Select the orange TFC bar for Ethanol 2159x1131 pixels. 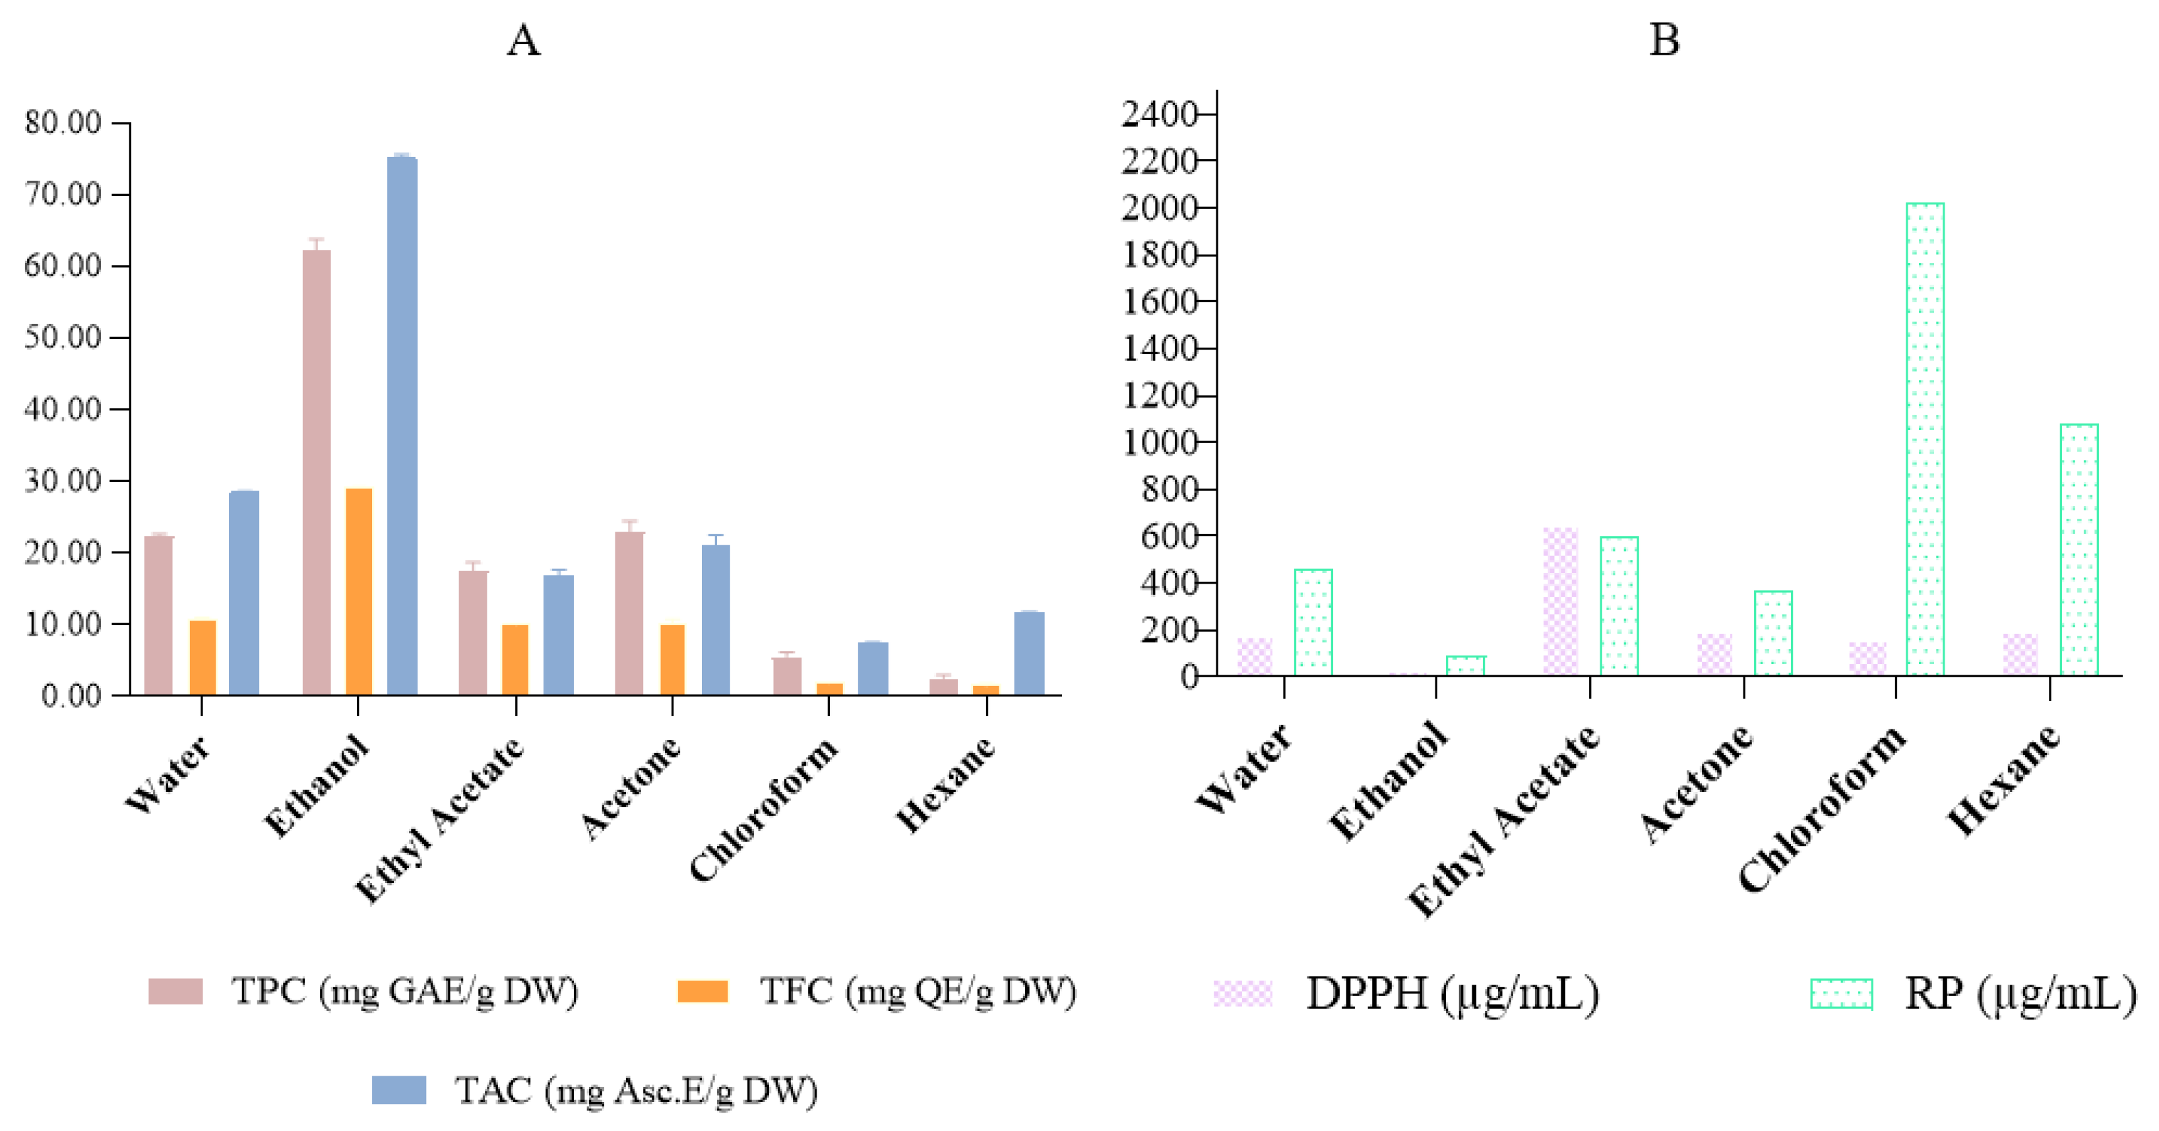(x=359, y=592)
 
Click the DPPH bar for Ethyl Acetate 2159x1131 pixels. (x=1561, y=601)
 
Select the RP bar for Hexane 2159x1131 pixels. (x=2079, y=549)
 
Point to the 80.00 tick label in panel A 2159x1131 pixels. (x=63, y=123)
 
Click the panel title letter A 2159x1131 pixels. (x=524, y=40)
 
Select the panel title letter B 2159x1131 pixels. (x=1664, y=40)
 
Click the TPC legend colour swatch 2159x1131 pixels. (x=175, y=991)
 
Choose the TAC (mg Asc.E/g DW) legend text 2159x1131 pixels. (x=636, y=1091)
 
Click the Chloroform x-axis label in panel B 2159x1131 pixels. (x=1823, y=809)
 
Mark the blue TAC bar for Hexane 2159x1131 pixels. (x=1029, y=654)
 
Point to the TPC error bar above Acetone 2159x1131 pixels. (x=629, y=526)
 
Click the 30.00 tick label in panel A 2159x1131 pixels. (x=63, y=481)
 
